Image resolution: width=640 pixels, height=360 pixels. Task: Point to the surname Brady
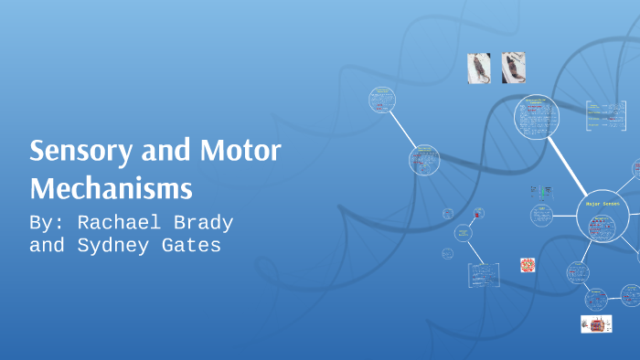tap(202, 223)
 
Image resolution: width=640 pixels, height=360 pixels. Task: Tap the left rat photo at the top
tap(479, 68)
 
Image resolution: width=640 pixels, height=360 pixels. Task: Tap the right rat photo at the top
tap(514, 68)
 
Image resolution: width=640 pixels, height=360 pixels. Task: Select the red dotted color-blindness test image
tap(528, 265)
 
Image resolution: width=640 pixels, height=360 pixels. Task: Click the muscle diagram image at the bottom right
tap(596, 323)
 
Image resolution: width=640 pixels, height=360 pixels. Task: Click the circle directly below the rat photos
tap(538, 117)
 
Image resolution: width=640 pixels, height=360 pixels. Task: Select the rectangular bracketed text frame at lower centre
tap(484, 274)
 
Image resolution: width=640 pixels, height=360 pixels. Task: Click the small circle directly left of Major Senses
tap(541, 217)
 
